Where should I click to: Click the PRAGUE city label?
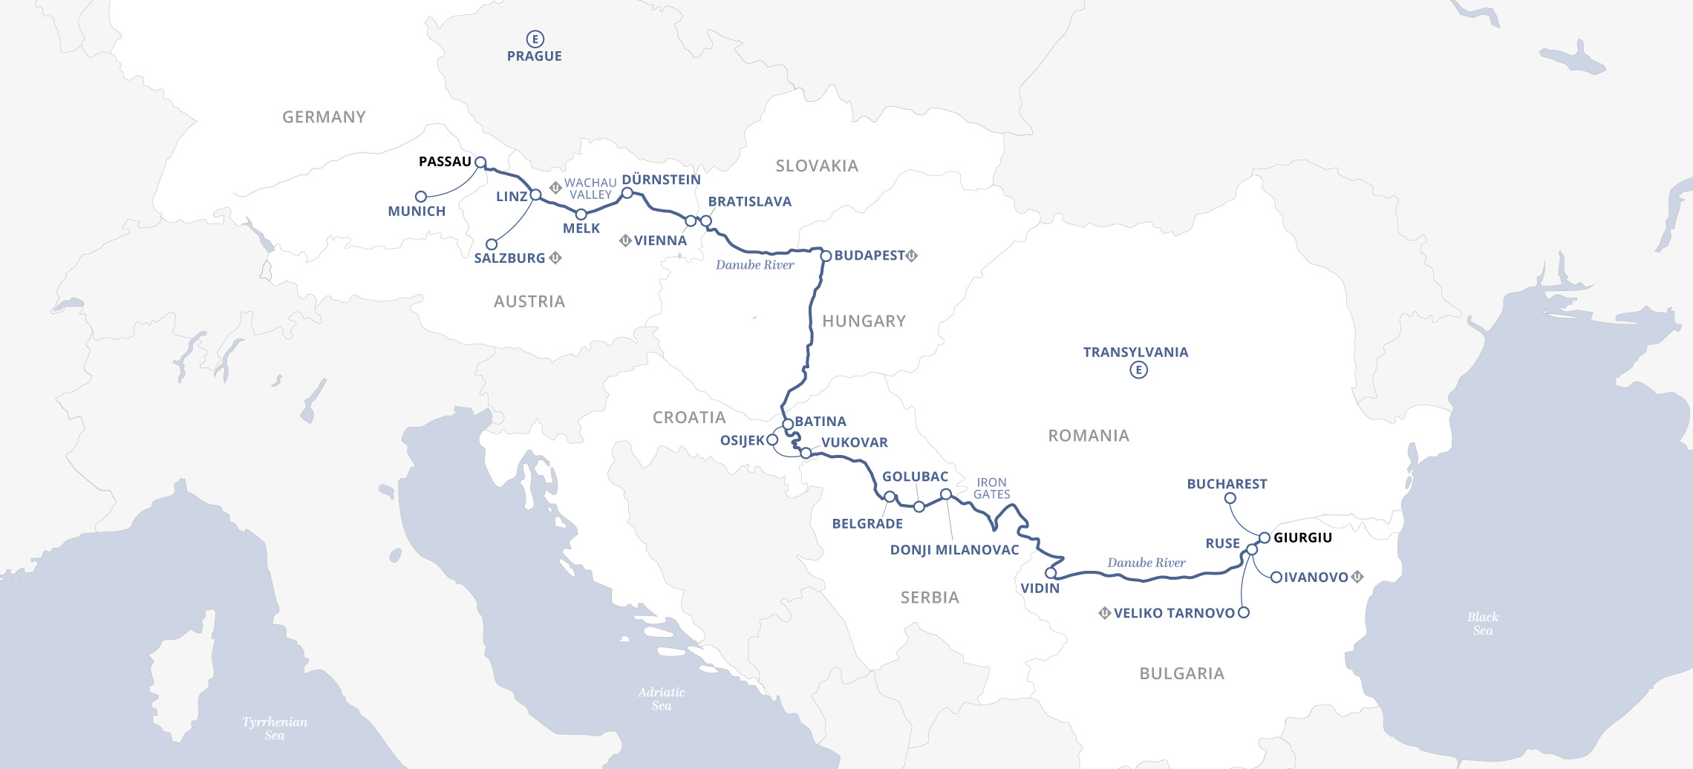[534, 56]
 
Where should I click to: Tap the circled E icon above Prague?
[535, 39]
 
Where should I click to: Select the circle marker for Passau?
[480, 162]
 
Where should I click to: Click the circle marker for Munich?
[421, 197]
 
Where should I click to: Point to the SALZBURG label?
[509, 258]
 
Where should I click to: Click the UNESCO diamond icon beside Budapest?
[912, 255]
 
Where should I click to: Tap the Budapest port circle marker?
[826, 256]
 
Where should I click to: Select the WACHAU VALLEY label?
[590, 189]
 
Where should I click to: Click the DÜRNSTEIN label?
[661, 180]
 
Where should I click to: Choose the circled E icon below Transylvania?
[1138, 370]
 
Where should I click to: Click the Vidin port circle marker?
[1051, 573]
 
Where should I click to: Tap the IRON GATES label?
[991, 488]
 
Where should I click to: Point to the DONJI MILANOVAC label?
[954, 550]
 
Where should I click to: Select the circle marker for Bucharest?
[1230, 498]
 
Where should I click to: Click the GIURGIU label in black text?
[1302, 537]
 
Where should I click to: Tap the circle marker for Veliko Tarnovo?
[1244, 612]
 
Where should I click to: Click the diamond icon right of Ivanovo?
[1357, 577]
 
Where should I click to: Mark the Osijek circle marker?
[772, 439]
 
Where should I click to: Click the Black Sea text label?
[1483, 624]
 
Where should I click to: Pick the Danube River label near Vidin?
[1146, 563]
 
